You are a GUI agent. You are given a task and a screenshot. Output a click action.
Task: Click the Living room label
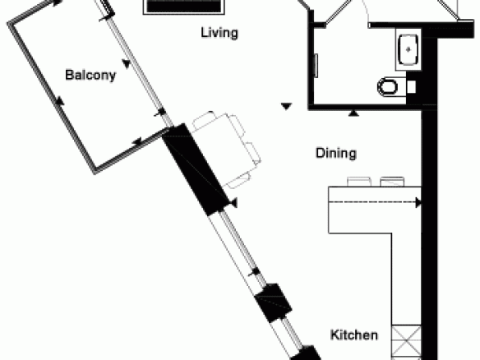[219, 32]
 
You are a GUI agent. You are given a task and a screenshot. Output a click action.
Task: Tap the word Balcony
[90, 75]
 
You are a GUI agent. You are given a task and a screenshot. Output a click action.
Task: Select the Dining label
[336, 153]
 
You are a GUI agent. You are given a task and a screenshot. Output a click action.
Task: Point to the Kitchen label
[354, 335]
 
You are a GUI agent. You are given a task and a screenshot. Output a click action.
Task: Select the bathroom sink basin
[408, 50]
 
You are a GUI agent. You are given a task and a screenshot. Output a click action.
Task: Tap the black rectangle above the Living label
[183, 6]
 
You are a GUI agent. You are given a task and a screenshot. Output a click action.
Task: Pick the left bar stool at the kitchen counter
[359, 182]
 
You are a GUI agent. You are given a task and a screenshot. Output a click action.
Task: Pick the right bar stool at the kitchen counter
[392, 182]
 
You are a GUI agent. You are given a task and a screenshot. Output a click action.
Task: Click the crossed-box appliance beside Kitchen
[407, 341]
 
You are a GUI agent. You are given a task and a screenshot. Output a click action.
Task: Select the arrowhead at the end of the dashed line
[418, 202]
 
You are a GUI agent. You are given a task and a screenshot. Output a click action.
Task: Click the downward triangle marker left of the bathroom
[286, 106]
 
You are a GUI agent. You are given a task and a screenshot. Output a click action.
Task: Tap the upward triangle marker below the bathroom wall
[354, 113]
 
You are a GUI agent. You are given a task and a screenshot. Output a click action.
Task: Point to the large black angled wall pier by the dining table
[196, 169]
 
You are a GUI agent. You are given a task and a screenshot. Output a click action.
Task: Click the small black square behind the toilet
[412, 87]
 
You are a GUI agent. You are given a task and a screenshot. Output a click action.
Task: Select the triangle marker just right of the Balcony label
[127, 63]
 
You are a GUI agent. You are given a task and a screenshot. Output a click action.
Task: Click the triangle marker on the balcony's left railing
[60, 101]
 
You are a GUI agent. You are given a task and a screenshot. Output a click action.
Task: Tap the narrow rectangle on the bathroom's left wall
[316, 66]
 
